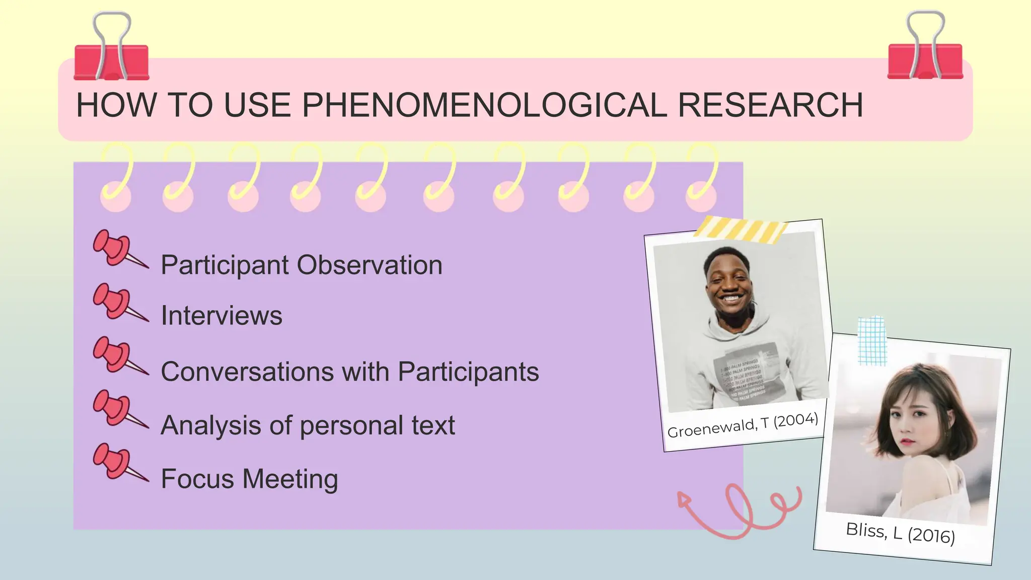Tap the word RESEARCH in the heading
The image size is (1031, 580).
[x=770, y=105]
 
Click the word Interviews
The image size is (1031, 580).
[x=222, y=316]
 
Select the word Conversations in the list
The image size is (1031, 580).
[x=247, y=372]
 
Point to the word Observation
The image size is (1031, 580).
[x=370, y=265]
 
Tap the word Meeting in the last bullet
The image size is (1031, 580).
[x=290, y=479]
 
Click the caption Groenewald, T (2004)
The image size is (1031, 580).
[x=743, y=425]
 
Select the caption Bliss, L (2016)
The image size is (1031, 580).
[x=900, y=533]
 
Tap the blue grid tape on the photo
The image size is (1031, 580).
[x=872, y=340]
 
